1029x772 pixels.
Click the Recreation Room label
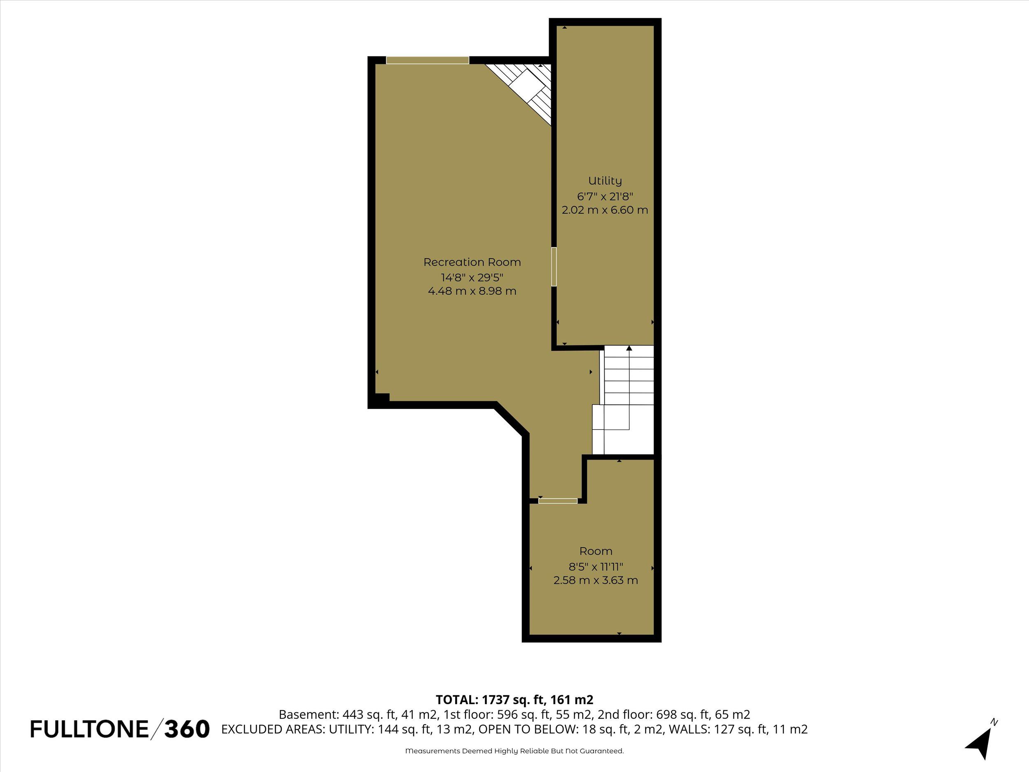472,262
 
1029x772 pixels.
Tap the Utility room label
605,181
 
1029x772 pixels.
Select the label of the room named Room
596,551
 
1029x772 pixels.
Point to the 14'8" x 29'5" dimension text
472,278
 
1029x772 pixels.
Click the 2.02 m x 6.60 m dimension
605,210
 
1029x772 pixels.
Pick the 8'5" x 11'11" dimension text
596,566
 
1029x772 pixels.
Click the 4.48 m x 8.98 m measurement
472,292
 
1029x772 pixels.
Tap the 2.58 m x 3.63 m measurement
596,580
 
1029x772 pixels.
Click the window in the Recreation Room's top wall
428,60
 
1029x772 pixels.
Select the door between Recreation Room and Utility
554,266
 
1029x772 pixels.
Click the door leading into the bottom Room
558,501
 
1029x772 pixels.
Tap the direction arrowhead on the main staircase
629,348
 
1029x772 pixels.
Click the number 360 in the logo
187,729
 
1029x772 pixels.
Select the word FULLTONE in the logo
89,729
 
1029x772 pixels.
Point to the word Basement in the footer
307,714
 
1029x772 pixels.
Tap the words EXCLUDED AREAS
273,729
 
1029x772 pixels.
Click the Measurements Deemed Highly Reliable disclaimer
514,751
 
